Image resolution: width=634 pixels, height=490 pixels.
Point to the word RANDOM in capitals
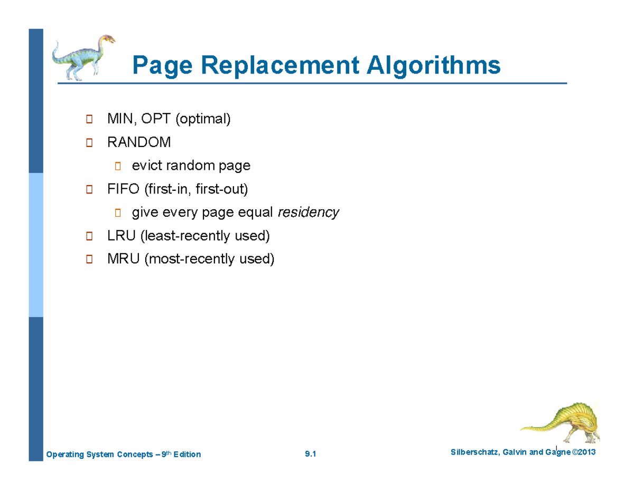point(139,142)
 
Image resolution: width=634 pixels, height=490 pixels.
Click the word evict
point(147,165)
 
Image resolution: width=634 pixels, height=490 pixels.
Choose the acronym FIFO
point(120,189)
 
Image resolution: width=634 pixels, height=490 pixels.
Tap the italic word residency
point(308,212)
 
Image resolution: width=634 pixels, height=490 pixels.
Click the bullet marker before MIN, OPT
point(89,119)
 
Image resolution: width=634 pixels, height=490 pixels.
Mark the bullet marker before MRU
point(89,260)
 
